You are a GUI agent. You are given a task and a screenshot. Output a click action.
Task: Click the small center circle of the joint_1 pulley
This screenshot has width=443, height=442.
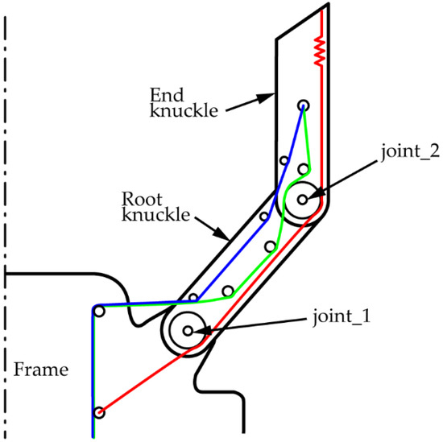(187, 329)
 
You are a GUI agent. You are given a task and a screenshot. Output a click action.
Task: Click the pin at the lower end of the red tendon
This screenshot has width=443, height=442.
(99, 413)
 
